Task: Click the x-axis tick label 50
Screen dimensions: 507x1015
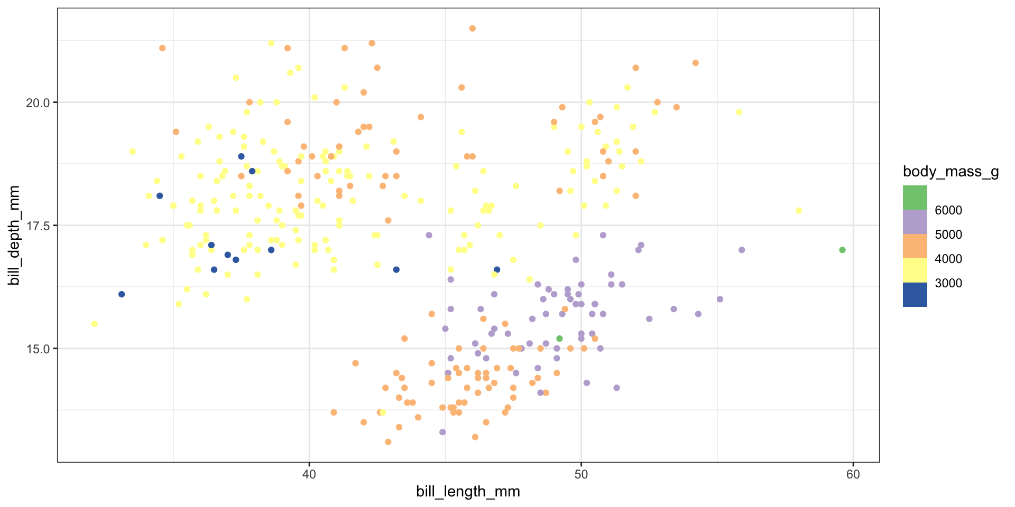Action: pos(581,474)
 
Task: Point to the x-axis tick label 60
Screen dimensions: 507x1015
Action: pos(853,474)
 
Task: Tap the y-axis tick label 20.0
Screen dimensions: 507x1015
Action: pos(38,102)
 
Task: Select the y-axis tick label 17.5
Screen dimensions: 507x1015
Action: pos(38,226)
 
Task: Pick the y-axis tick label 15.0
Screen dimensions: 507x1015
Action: pos(38,349)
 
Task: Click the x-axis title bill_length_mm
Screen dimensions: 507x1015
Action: pos(468,492)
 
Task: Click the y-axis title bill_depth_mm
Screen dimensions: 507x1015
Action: pos(14,235)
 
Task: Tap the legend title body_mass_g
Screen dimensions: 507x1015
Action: pos(951,172)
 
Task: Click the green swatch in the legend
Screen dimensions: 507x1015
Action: pos(915,198)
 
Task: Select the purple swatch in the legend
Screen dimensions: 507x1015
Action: pos(915,222)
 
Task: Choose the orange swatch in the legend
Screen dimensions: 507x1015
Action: pos(915,246)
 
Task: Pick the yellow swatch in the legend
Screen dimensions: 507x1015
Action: pos(915,270)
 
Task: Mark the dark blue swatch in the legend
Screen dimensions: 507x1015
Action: pos(915,295)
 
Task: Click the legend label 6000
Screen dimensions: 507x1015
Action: pos(948,211)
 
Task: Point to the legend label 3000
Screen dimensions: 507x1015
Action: pos(948,284)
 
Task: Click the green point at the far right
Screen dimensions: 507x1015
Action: pos(842,250)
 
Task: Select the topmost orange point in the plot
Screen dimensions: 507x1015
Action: pos(472,29)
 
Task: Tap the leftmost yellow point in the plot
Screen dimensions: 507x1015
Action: pos(94,324)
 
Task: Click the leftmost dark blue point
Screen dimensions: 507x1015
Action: pos(122,294)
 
